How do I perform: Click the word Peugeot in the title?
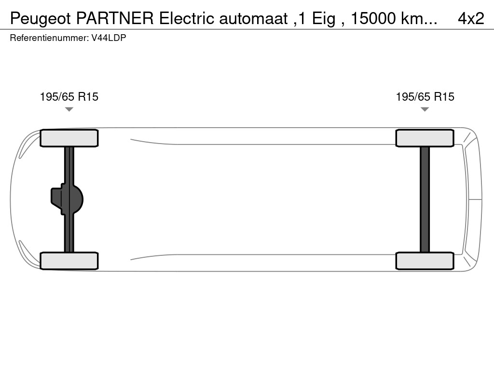click(x=40, y=18)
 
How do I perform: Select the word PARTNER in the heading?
click(x=115, y=18)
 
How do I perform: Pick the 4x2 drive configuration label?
click(x=470, y=18)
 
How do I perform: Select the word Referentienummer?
click(x=49, y=38)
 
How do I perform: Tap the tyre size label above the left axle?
click(x=69, y=97)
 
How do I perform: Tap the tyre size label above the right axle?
click(x=425, y=97)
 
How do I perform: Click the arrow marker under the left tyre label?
click(x=69, y=109)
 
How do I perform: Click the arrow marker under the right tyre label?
click(x=425, y=109)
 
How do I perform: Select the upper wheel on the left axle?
click(x=69, y=138)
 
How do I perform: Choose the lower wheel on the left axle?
click(x=69, y=261)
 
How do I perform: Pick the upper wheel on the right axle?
click(x=425, y=138)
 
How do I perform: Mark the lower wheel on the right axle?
click(x=425, y=261)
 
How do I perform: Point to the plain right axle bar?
click(x=425, y=199)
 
